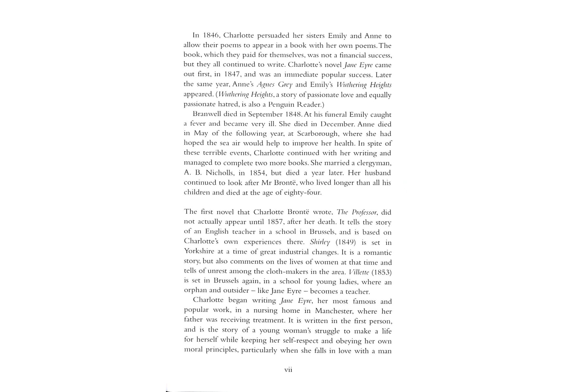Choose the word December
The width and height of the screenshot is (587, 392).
coord(337,124)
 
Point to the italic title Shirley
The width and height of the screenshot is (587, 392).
coord(320,242)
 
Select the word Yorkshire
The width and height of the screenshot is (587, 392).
coord(199,252)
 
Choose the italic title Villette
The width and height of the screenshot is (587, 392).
coord(358,272)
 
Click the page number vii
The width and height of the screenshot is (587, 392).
coord(288,370)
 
